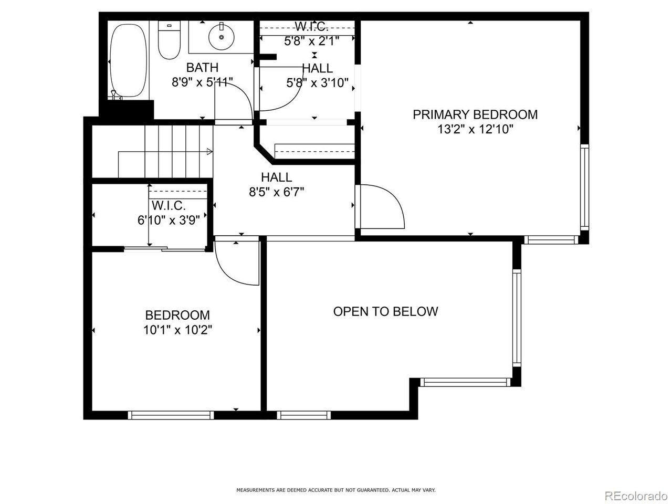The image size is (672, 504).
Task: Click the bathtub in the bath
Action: point(128,59)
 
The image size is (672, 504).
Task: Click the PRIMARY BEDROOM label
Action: point(475,114)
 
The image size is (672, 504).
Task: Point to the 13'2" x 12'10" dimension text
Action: point(475,129)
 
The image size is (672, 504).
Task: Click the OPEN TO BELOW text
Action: point(385,311)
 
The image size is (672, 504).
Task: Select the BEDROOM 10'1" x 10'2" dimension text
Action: point(177,330)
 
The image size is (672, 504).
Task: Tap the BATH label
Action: point(202,68)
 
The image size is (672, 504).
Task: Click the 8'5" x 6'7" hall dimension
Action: point(276,192)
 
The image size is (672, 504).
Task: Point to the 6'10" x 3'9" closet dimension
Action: point(169,220)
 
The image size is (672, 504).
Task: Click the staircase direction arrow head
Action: point(209,152)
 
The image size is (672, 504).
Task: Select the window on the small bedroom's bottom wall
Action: point(171,415)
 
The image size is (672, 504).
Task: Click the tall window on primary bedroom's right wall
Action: point(584,187)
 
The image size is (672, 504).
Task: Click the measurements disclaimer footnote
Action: point(336,490)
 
